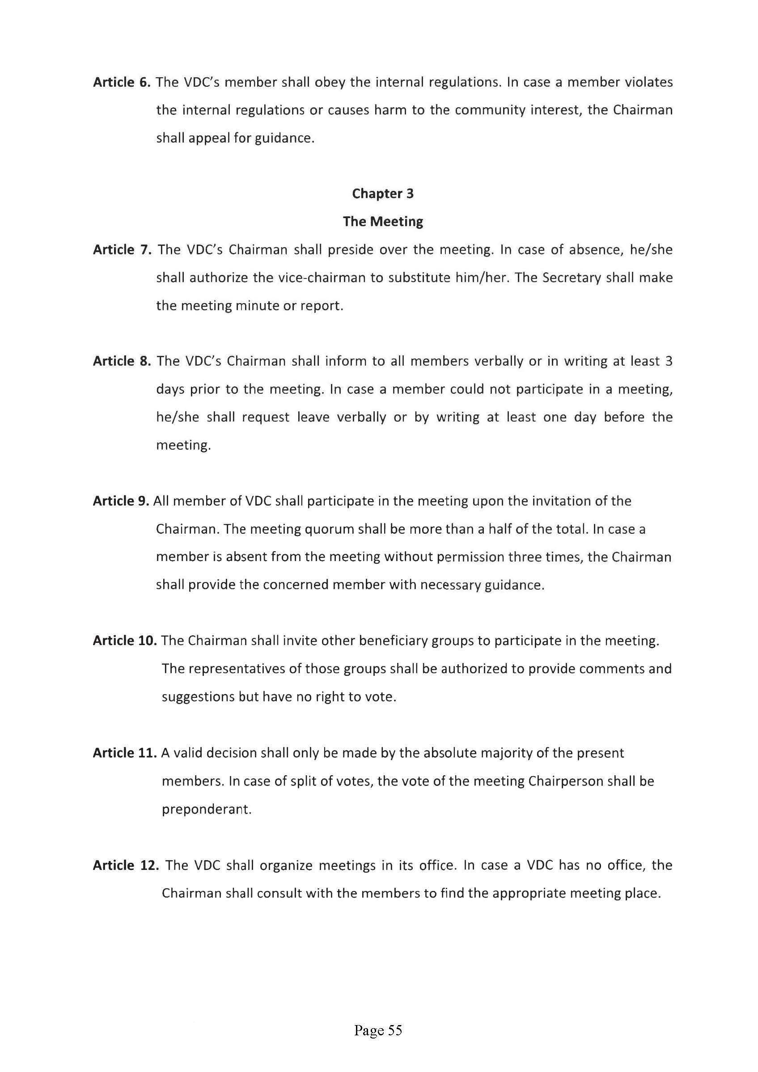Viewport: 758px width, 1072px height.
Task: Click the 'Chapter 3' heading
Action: [x=382, y=193]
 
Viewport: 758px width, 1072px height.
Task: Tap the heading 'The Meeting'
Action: [x=382, y=221]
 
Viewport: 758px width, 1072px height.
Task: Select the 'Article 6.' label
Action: [x=122, y=82]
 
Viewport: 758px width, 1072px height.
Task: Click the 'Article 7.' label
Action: [x=123, y=250]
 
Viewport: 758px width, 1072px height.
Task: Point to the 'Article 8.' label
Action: [x=122, y=361]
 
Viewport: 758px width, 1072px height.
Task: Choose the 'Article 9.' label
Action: [x=120, y=501]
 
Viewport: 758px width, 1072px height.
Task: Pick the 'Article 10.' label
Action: [x=124, y=641]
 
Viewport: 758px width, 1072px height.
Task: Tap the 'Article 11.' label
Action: [x=124, y=753]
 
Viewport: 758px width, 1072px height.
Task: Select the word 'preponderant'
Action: [x=206, y=809]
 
